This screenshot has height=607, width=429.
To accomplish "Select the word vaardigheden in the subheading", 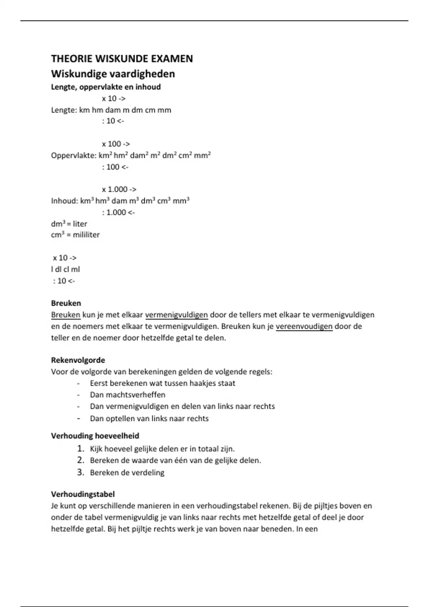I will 142,74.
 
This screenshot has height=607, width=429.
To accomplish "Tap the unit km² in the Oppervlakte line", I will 105,156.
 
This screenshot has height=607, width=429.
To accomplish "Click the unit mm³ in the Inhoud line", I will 181,201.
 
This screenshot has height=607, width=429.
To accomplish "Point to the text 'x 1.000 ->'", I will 119,189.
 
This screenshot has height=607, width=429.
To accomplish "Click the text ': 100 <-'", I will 115,167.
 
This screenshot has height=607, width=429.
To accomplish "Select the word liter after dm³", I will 80,224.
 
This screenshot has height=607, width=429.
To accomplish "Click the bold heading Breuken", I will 66,303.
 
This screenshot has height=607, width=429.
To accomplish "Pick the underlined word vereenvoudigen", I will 304,326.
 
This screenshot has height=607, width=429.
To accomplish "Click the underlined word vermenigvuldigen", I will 176,315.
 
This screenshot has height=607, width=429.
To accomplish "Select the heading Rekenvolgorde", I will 78,360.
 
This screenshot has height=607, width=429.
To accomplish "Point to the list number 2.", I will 80,460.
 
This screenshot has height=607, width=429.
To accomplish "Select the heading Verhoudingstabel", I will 83,494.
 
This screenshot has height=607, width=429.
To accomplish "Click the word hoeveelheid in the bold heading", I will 117,436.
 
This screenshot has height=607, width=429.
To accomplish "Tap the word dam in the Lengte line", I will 113,110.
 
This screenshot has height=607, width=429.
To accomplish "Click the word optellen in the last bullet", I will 120,418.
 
